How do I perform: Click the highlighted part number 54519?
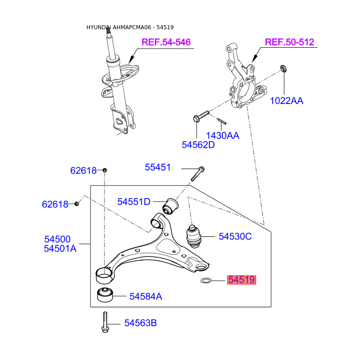pos(242,280)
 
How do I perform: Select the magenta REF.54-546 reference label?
pos(166,42)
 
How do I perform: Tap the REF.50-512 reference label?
pos(289,42)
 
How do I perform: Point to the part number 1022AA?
pos(287,101)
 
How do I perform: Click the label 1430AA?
pos(222,135)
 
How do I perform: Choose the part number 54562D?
pos(198,145)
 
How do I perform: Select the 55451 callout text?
pos(158,167)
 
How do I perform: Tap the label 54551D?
pos(134,202)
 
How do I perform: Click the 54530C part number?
pos(235,236)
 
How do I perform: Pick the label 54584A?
pos(146,297)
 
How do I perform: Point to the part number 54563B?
pos(141,323)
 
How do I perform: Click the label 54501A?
pos(60,248)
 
